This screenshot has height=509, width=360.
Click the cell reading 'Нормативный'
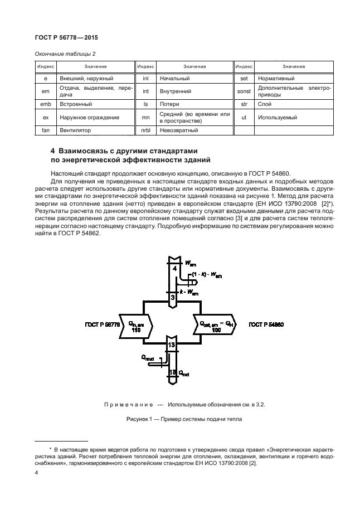pos(276,79)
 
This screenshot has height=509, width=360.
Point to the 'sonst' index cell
pos(243,91)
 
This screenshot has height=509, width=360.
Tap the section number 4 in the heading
pos(53,151)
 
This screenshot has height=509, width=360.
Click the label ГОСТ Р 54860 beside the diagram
pos(266,324)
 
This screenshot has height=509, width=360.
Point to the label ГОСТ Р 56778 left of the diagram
pos(103,324)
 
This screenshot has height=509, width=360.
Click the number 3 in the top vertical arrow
pos(173,298)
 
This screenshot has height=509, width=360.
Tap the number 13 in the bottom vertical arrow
pos(173,346)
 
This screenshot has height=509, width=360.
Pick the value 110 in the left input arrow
pos(135,329)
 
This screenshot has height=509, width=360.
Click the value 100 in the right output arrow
pos(215,329)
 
